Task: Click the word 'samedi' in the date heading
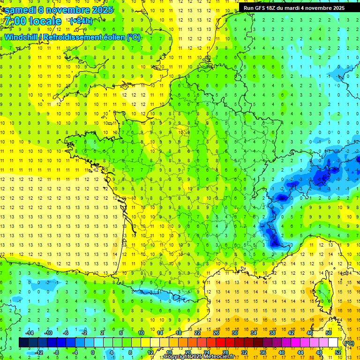(x=21, y=10)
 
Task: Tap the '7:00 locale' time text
(x=33, y=21)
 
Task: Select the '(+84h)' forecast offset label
(x=81, y=21)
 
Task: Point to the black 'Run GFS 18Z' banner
(x=294, y=7)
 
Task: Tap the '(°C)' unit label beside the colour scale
(x=349, y=343)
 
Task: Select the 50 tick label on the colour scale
(x=328, y=333)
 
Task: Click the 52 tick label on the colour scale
(x=337, y=352)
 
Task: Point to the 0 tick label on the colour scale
(x=92, y=352)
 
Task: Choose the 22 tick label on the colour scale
(x=197, y=333)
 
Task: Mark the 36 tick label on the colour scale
(x=262, y=352)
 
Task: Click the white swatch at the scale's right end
(x=333, y=343)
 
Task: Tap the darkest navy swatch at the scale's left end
(x=23, y=343)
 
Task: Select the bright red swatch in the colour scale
(x=220, y=343)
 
